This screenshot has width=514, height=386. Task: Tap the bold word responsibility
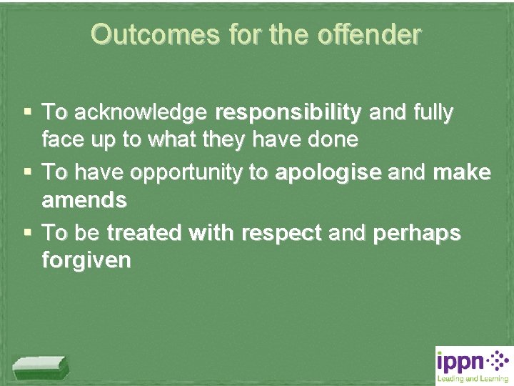[288, 113]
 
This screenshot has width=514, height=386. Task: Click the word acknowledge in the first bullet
[140, 113]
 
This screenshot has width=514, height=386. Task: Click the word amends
[84, 200]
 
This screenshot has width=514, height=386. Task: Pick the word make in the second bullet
[462, 173]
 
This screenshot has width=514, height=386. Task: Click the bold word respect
[282, 233]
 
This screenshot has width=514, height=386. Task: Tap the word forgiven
[86, 260]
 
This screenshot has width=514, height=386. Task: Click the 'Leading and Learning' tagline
[472, 379]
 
